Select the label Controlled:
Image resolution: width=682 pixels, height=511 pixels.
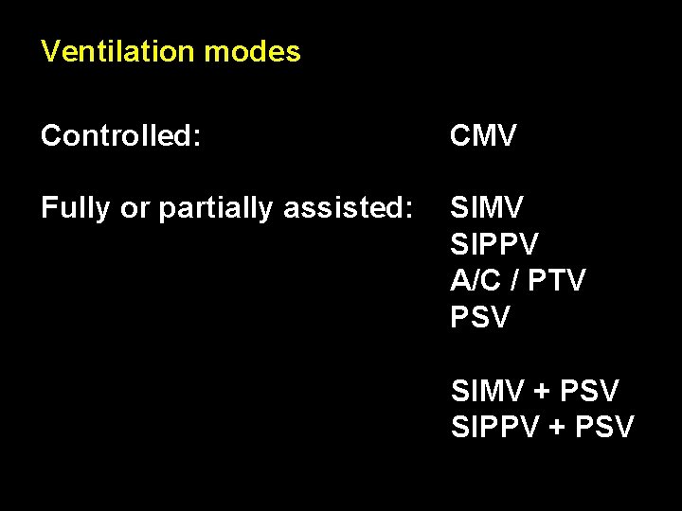tap(121, 136)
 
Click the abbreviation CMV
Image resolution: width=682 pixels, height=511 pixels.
tap(484, 136)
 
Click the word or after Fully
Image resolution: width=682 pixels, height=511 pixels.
tap(131, 208)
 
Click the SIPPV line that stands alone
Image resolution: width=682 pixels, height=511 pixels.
tap(494, 244)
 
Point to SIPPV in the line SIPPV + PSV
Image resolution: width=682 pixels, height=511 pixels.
tap(494, 427)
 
